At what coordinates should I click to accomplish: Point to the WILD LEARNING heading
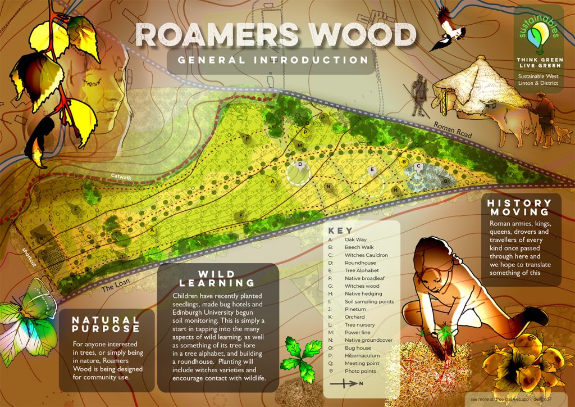218,278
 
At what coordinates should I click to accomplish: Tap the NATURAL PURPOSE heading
106,324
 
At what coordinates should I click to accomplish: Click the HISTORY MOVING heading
519,207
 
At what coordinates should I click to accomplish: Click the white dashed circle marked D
298,172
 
